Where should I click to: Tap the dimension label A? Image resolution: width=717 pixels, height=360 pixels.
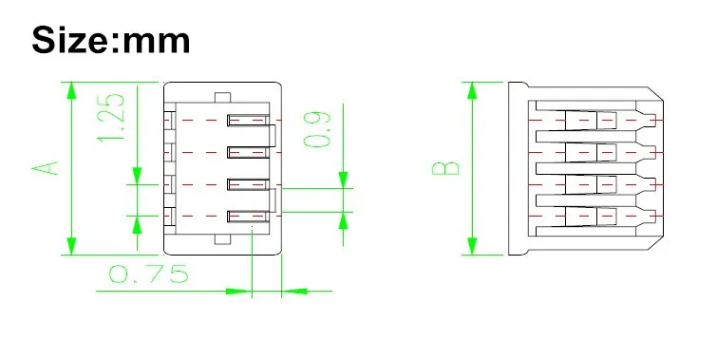pyautogui.click(x=46, y=168)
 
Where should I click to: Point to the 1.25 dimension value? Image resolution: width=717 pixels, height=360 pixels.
pyautogui.click(x=111, y=118)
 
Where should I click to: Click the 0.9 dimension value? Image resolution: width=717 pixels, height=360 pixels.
pyautogui.click(x=317, y=129)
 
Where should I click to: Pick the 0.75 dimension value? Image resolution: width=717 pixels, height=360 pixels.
pyautogui.click(x=148, y=274)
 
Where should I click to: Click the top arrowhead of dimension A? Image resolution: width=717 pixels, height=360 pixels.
pyautogui.click(x=71, y=90)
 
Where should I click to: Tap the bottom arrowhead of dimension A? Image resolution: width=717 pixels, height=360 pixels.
pyautogui.click(x=71, y=246)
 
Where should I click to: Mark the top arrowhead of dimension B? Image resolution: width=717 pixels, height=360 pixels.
pyautogui.click(x=472, y=90)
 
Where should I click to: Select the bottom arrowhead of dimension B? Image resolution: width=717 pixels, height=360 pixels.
pyautogui.click(x=472, y=246)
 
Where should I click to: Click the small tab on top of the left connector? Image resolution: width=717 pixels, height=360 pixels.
pyautogui.click(x=222, y=98)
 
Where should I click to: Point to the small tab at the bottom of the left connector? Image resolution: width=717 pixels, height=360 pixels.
pyautogui.click(x=222, y=239)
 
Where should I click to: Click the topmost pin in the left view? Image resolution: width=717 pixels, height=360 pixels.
pyautogui.click(x=248, y=121)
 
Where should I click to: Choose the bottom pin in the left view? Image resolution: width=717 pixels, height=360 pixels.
pyautogui.click(x=248, y=217)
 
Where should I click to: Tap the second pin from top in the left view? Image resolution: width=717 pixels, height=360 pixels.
pyautogui.click(x=248, y=152)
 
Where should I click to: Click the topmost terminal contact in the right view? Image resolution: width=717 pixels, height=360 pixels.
pyautogui.click(x=591, y=121)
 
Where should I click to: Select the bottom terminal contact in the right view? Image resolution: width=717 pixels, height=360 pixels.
pyautogui.click(x=591, y=217)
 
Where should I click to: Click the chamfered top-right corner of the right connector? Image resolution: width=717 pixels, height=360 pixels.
pyautogui.click(x=655, y=94)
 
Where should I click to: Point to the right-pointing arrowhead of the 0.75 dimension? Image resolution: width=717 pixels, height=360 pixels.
pyautogui.click(x=239, y=291)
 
